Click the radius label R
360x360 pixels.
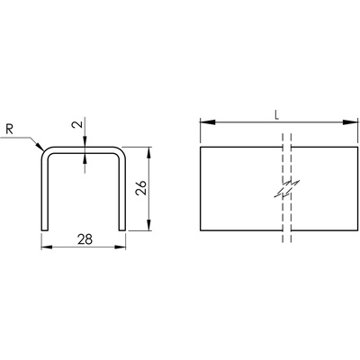10,130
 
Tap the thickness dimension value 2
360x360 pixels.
78,124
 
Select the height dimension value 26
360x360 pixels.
140,188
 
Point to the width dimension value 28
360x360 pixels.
85,239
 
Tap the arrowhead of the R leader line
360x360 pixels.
40,146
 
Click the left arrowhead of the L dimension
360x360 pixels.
208,122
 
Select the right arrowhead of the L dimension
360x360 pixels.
350,122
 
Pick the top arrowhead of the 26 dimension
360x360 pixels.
148,155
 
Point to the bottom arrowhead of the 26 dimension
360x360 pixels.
148,223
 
